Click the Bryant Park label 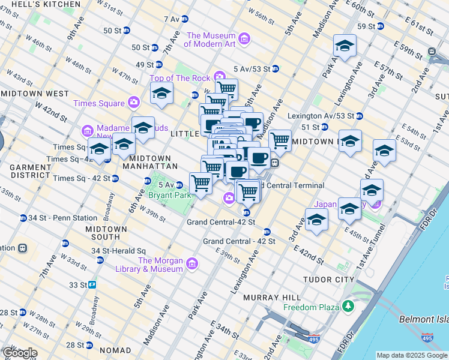point(169,196)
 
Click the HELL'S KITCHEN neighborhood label point(40,4)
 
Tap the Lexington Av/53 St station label point(318,116)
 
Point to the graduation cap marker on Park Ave point(345,46)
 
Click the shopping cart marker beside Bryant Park point(200,183)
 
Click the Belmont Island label point(424,319)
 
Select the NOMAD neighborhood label point(115,350)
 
